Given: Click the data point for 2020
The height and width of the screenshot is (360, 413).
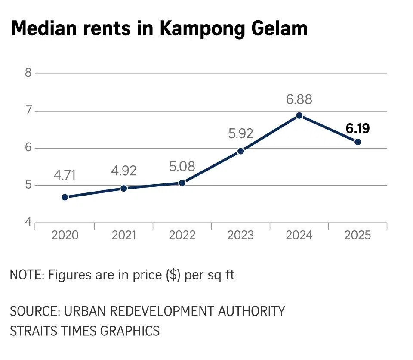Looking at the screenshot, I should [65, 197].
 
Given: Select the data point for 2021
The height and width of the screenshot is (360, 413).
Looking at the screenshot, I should [124, 188].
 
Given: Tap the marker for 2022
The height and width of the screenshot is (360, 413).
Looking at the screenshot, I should [182, 183].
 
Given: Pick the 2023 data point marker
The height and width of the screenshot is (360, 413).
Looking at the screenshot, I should [241, 151].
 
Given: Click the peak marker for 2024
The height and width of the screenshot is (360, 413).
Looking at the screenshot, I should [299, 116].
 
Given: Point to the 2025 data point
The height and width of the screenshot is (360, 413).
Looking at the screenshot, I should [358, 142].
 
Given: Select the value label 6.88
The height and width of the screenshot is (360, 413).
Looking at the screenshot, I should [299, 99].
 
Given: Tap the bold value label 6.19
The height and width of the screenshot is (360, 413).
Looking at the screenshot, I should [358, 128].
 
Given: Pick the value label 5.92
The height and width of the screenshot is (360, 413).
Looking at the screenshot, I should [241, 134].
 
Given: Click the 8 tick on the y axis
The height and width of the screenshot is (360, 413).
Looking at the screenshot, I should [28, 73].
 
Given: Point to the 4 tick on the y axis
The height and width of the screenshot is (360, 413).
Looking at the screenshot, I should [28, 223].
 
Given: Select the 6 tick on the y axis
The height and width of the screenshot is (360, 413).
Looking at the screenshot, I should [28, 148].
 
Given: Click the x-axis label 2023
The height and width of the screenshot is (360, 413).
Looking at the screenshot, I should [240, 235].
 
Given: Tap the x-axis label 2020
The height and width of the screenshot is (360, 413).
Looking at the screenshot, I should [65, 235].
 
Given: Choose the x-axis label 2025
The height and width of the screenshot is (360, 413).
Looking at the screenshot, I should [358, 235].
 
